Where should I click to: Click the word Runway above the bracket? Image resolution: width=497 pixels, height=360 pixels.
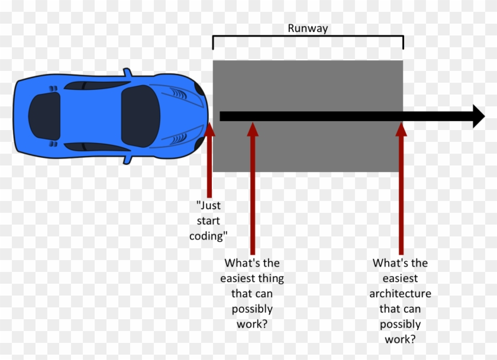click(x=308, y=28)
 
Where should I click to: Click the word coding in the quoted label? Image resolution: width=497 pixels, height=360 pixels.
click(x=209, y=236)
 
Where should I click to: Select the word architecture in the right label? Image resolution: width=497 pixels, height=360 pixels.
click(x=400, y=294)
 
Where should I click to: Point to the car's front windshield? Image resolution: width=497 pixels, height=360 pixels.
click(x=141, y=116)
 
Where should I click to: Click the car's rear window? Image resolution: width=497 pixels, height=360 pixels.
click(x=43, y=116)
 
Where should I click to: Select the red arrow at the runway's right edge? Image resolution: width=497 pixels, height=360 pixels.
click(x=401, y=189)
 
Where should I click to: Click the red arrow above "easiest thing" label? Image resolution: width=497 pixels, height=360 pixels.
click(x=253, y=189)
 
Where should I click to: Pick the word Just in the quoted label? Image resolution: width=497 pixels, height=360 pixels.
click(x=209, y=206)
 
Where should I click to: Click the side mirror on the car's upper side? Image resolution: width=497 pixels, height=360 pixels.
click(x=126, y=73)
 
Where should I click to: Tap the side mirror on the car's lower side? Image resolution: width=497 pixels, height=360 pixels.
click(x=126, y=159)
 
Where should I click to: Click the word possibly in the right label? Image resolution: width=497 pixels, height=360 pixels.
click(x=400, y=325)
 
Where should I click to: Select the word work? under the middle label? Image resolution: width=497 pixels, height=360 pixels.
click(x=252, y=324)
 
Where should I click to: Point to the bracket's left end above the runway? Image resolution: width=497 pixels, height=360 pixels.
click(x=213, y=43)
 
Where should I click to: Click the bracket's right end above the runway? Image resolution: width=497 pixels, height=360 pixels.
click(x=403, y=43)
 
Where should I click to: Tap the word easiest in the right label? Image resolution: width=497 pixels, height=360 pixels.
click(x=400, y=278)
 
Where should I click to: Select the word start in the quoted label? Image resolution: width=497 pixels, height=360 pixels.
click(x=209, y=221)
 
